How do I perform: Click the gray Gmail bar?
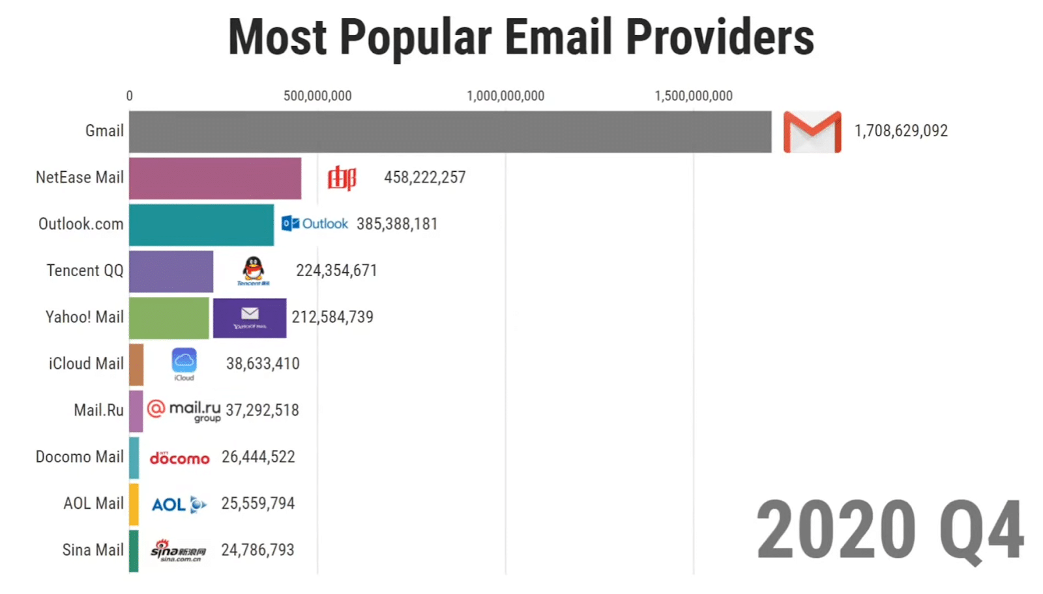[x=450, y=132]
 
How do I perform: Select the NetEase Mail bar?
[x=215, y=178]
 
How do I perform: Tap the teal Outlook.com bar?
[x=201, y=225]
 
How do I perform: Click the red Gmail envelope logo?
[x=812, y=132]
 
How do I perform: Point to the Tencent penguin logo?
[x=253, y=270]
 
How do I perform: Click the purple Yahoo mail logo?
[x=250, y=318]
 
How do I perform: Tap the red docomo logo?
[x=179, y=459]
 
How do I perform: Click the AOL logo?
[x=179, y=504]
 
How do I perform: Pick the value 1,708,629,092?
[x=901, y=131]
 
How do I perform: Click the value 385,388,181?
[x=396, y=224]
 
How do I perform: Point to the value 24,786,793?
[x=257, y=550]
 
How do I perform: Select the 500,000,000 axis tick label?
[x=317, y=96]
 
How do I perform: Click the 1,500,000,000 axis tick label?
[x=694, y=96]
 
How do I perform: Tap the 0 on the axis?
[x=129, y=96]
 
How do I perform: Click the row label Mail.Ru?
[x=98, y=410]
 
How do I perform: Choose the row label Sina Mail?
[x=93, y=550]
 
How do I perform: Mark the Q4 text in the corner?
[x=981, y=530]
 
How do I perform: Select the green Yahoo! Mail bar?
[x=169, y=318]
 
